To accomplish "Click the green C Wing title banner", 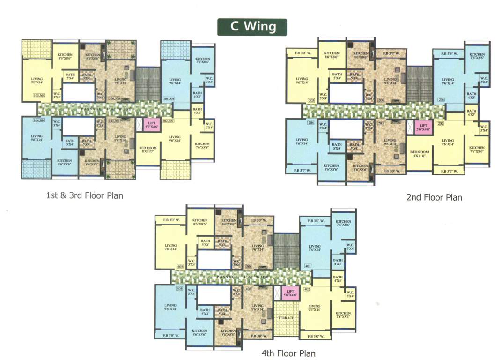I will (252, 27).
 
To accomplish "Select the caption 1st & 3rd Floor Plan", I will (84, 195).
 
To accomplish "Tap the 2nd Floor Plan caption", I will (434, 197).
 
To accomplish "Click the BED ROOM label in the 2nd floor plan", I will (420, 154).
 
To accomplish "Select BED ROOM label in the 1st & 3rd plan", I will (148, 150).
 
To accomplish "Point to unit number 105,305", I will (39, 96).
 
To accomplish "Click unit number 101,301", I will (168, 99).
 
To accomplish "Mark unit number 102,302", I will (167, 121).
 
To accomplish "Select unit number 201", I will (441, 100).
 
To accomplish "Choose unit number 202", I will (440, 123).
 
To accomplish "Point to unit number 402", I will (307, 290).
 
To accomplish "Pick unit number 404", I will (179, 289).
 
